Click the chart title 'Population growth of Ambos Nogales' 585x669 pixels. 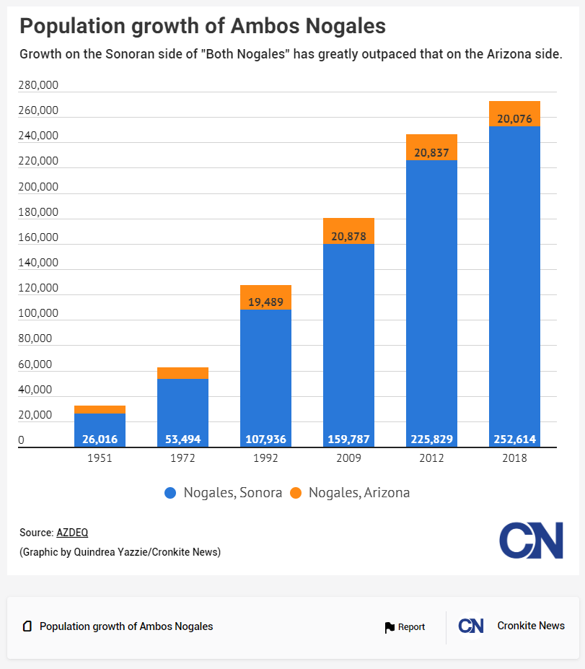(202, 27)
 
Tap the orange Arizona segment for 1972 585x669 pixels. (182, 373)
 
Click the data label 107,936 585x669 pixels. (265, 439)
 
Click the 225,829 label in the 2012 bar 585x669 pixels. (431, 439)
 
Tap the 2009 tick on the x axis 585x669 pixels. (348, 458)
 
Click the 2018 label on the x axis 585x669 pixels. (514, 458)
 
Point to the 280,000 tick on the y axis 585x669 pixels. (39, 85)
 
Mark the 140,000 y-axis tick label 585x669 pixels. (39, 263)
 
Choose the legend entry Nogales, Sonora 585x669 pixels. (224, 493)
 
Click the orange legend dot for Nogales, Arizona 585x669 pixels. (296, 493)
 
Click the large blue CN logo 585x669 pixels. (531, 541)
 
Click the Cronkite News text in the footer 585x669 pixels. (531, 626)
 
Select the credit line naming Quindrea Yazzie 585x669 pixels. (120, 552)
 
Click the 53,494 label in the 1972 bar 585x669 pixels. (182, 439)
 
